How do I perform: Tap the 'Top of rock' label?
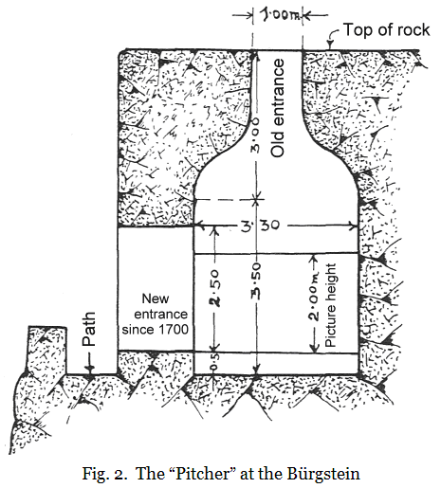pyautogui.click(x=386, y=30)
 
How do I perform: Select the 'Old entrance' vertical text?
pyautogui.click(x=278, y=108)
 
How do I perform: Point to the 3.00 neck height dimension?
pyautogui.click(x=255, y=136)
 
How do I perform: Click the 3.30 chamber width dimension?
pyautogui.click(x=260, y=226)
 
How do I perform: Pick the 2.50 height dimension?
pyautogui.click(x=215, y=288)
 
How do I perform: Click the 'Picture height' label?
pyautogui.click(x=331, y=305)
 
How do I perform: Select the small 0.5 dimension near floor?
pyautogui.click(x=214, y=362)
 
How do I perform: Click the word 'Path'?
pyautogui.click(x=88, y=329)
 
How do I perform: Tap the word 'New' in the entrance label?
pyautogui.click(x=156, y=298)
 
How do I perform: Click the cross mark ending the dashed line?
pyautogui.click(x=257, y=199)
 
